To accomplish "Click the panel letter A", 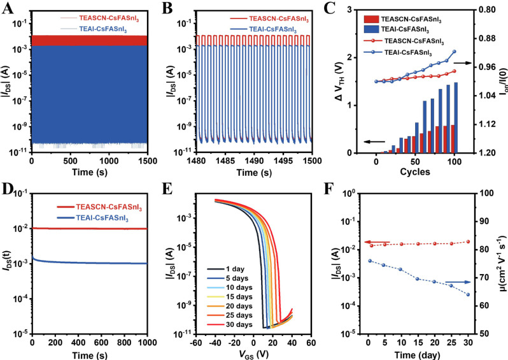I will tap(7, 8).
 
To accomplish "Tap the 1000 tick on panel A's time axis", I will tap(109, 162).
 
